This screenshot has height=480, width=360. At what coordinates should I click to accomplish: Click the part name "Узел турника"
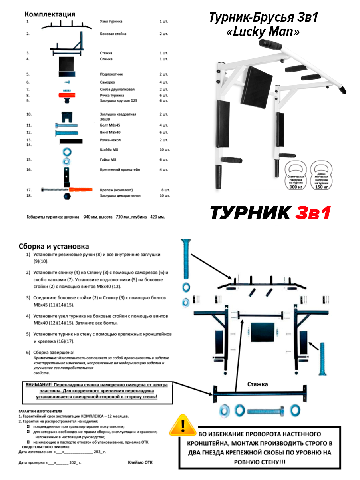(111, 21)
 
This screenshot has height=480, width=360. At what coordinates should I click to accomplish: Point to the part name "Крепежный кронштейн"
(120, 170)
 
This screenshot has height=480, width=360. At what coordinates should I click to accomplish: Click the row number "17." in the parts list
(29, 190)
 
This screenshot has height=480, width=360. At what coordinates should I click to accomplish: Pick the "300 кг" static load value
(296, 187)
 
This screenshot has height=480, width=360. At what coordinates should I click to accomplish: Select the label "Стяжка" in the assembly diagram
(257, 384)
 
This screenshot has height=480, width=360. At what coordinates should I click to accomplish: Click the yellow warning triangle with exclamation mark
(183, 426)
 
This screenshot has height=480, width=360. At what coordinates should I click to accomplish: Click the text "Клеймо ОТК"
(140, 462)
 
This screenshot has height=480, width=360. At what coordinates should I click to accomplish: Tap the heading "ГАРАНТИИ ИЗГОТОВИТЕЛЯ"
(40, 411)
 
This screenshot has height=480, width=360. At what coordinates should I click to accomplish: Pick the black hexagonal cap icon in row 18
(66, 197)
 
